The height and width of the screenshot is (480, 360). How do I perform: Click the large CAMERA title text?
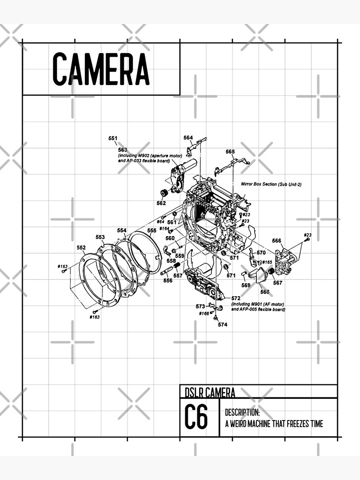[101, 69]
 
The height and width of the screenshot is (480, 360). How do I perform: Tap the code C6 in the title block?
[196, 418]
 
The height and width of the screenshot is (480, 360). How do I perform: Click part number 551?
[113, 138]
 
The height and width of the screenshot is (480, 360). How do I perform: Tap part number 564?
[188, 138]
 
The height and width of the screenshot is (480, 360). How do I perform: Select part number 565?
[230, 152]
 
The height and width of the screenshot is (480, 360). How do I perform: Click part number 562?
[161, 203]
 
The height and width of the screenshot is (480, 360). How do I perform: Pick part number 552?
[81, 248]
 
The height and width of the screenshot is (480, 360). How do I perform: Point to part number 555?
[152, 230]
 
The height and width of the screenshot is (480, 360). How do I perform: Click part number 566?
[276, 241]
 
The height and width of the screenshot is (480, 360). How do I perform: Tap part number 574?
[222, 324]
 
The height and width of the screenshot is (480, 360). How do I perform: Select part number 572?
[236, 298]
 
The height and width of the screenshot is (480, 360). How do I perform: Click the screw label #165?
[267, 262]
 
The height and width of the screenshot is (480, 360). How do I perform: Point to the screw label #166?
[204, 313]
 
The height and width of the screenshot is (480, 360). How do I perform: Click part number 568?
[265, 291]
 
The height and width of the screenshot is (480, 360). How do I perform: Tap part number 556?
[168, 280]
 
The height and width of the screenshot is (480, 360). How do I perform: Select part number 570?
[261, 252]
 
